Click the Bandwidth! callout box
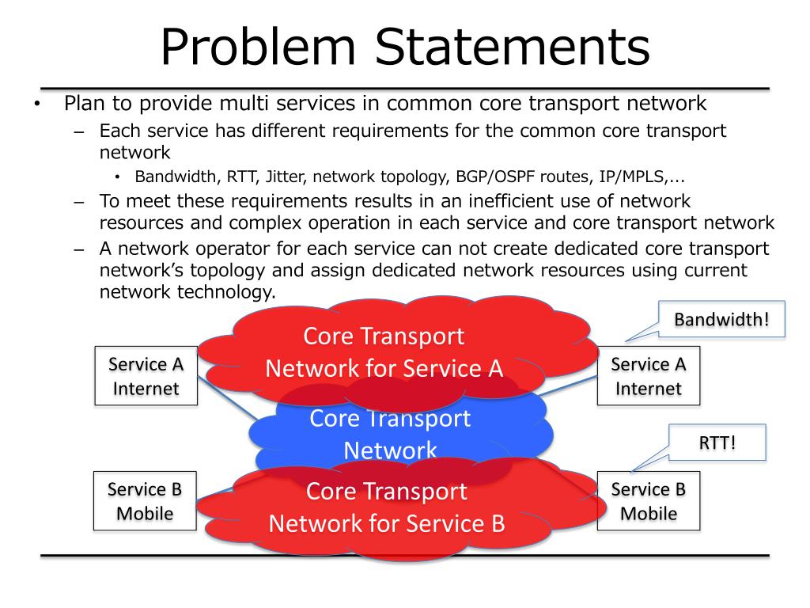click(721, 320)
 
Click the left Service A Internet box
click(146, 376)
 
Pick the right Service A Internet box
click(648, 376)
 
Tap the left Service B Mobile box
click(145, 501)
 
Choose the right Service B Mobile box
click(648, 501)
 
